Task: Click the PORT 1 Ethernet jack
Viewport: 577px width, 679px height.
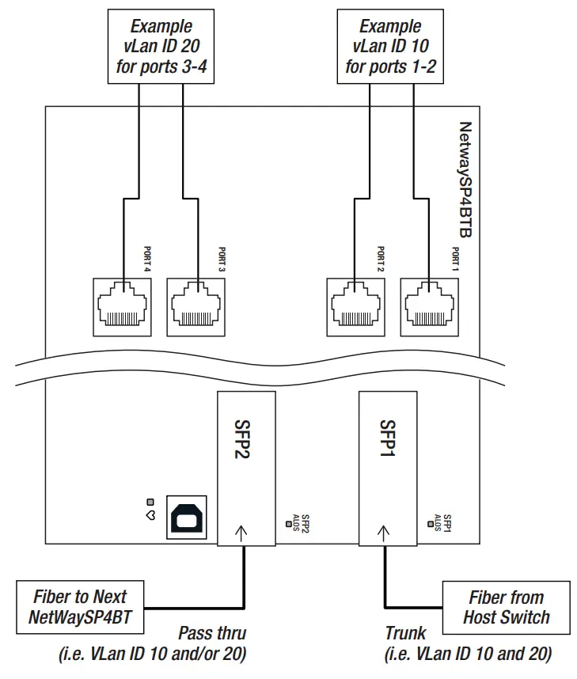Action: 429,307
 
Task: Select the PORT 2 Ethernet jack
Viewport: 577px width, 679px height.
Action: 355,307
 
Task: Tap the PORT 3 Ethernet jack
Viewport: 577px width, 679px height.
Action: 195,307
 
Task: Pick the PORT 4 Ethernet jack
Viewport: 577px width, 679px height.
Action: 122,307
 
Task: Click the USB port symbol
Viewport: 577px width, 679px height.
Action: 187,517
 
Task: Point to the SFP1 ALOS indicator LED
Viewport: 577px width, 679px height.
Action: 430,524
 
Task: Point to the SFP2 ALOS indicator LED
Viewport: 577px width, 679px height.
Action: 288,524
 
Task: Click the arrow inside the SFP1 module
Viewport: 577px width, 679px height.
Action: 383,533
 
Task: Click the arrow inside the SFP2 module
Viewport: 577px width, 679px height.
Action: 241,533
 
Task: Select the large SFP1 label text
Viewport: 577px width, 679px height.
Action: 388,438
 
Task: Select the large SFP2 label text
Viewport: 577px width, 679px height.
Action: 242,438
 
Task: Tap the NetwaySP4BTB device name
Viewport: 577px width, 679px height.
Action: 465,180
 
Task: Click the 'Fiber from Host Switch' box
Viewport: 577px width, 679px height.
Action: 506,608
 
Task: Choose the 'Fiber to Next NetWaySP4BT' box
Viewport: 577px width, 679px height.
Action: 80,607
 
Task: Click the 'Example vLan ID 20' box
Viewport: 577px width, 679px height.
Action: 161,47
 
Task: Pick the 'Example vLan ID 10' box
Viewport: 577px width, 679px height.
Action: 390,47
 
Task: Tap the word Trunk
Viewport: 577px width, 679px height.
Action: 405,633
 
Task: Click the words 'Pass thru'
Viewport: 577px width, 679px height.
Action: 212,633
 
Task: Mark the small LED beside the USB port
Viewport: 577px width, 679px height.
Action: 150,502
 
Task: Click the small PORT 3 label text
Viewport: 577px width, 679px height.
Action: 222,259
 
